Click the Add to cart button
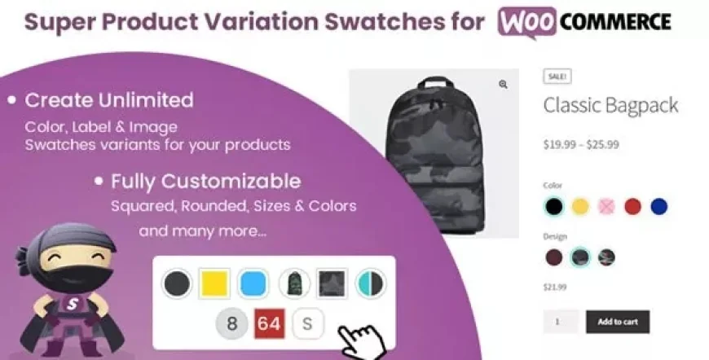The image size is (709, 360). click(x=618, y=322)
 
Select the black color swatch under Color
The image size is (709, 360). click(x=554, y=207)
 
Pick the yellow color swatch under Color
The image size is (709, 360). click(x=580, y=207)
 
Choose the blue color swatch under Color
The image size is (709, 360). click(x=658, y=207)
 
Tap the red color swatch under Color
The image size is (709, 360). click(x=632, y=207)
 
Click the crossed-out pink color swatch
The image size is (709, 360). click(x=606, y=207)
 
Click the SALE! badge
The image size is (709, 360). click(x=557, y=77)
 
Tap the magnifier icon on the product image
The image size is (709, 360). click(x=504, y=84)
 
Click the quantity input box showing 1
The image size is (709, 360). click(x=561, y=322)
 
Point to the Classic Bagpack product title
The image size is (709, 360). click(x=610, y=105)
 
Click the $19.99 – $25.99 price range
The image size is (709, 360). click(x=581, y=145)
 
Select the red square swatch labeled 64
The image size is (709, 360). click(x=270, y=323)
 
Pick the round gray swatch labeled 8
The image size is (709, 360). click(x=232, y=323)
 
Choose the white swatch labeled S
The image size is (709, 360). click(x=307, y=323)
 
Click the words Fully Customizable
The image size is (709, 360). click(x=205, y=181)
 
